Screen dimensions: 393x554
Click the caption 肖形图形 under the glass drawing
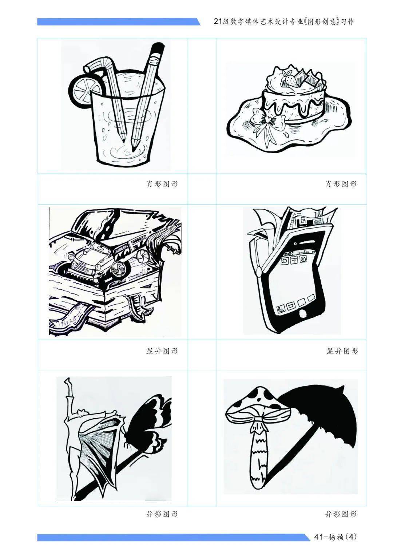pos(162,184)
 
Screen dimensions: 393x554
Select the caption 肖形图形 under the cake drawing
pos(341,184)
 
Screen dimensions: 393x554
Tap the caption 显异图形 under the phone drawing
pos(342,351)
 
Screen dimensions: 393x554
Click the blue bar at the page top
pos(119,21)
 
